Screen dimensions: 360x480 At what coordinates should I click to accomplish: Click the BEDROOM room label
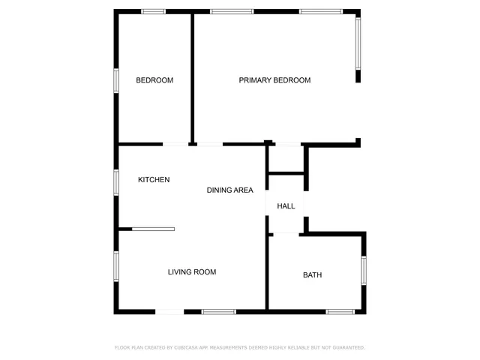pyautogui.click(x=154, y=80)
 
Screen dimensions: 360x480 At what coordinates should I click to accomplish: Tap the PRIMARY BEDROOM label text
pyautogui.click(x=274, y=80)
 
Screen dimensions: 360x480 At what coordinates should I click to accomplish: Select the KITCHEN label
pyautogui.click(x=154, y=180)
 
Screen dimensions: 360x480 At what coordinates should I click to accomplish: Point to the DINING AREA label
pyautogui.click(x=230, y=190)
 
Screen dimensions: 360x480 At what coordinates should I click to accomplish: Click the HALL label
pyautogui.click(x=286, y=206)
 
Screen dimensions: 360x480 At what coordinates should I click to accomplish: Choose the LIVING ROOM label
pyautogui.click(x=192, y=272)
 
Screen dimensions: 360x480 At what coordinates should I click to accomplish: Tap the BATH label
pyautogui.click(x=312, y=275)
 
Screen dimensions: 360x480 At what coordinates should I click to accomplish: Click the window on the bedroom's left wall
pyautogui.click(x=116, y=80)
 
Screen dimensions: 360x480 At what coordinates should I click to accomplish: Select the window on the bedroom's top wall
pyautogui.click(x=154, y=11)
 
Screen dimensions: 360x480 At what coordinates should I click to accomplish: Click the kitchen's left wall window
pyautogui.click(x=116, y=181)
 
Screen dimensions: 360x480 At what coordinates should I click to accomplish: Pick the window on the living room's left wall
pyautogui.click(x=116, y=266)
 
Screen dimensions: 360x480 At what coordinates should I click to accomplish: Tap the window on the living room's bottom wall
pyautogui.click(x=218, y=311)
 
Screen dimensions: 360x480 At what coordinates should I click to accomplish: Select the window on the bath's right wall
pyautogui.click(x=364, y=271)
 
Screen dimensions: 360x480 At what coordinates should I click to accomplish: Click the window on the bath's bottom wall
pyautogui.click(x=340, y=311)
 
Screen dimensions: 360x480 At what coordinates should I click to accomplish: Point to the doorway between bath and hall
pyautogui.click(x=286, y=233)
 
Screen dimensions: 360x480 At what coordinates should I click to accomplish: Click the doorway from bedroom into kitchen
pyautogui.click(x=176, y=144)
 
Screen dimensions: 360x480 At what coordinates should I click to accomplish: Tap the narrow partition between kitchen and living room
pyautogui.click(x=153, y=229)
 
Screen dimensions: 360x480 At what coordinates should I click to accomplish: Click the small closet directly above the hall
pyautogui.click(x=286, y=159)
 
